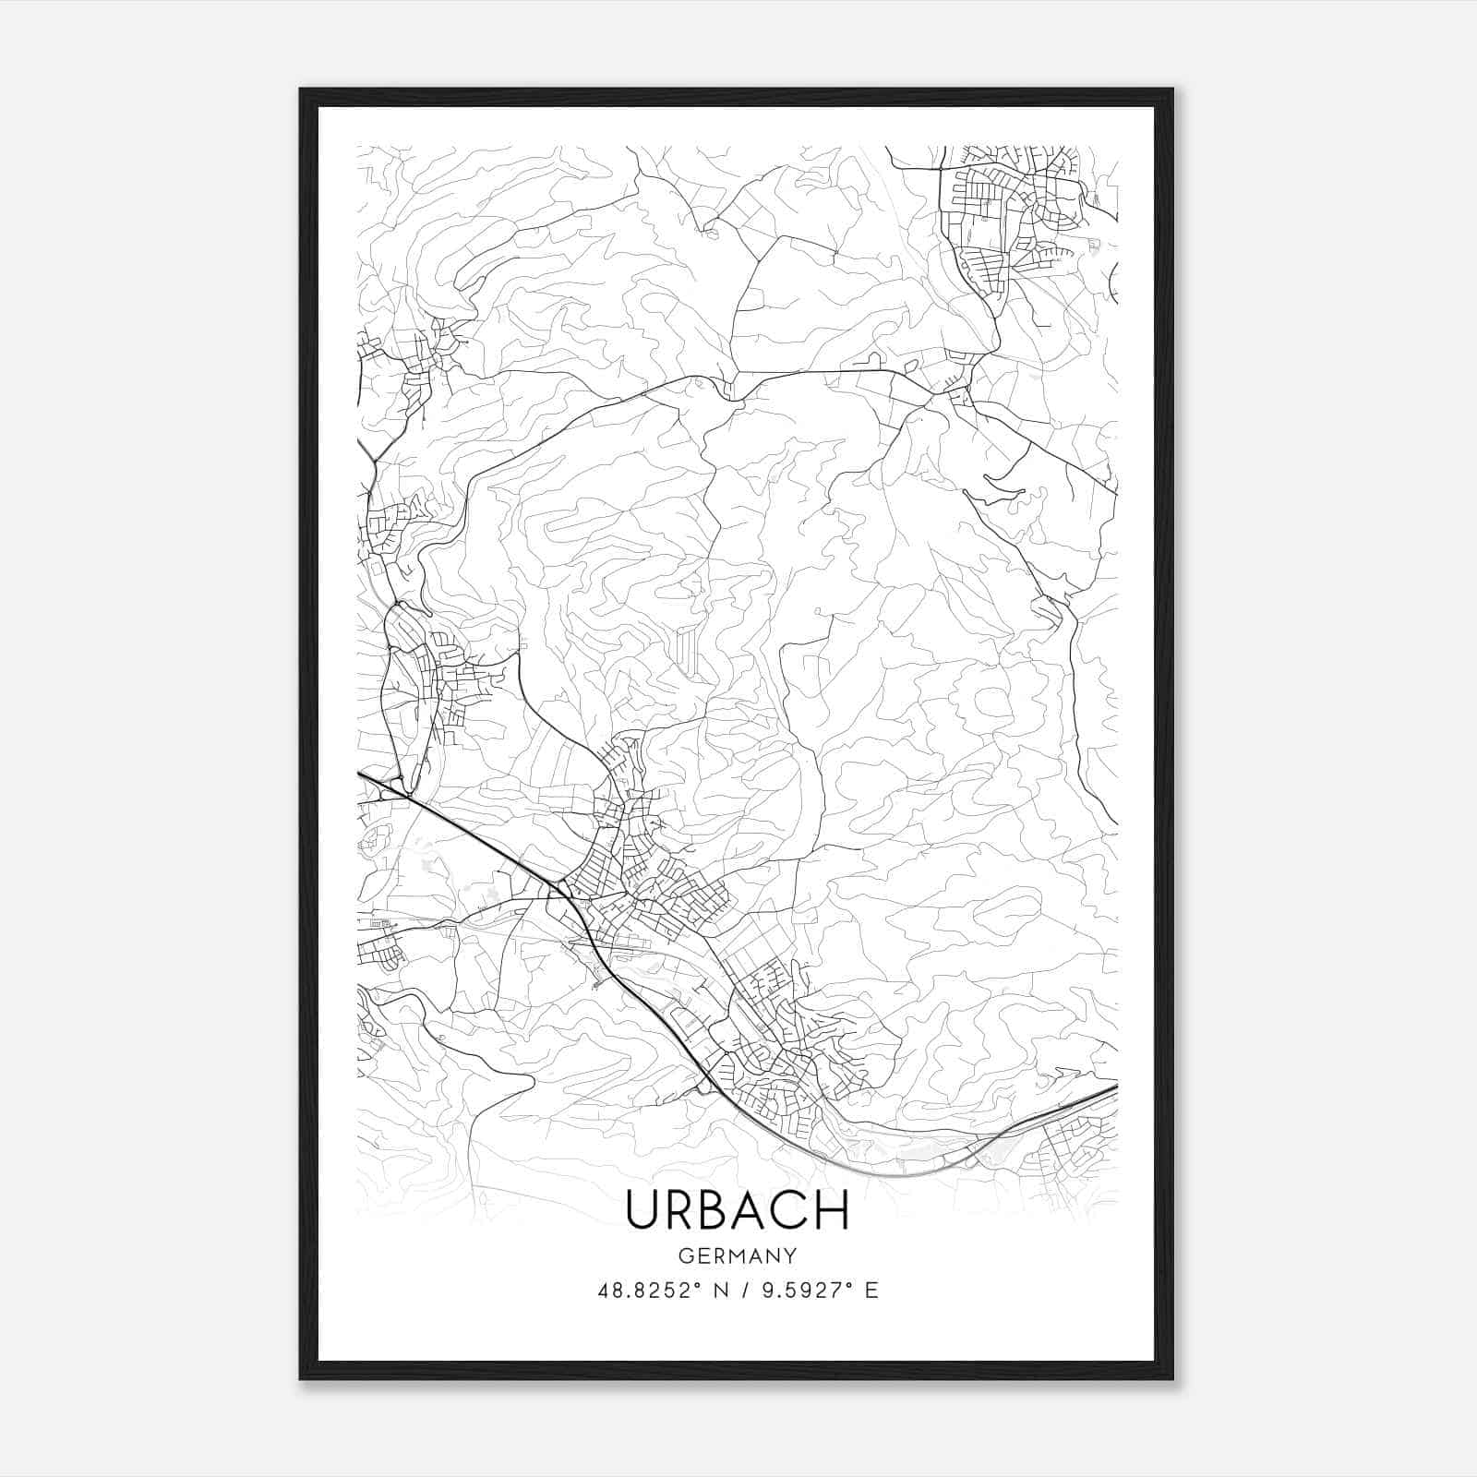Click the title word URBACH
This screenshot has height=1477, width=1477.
tap(737, 1210)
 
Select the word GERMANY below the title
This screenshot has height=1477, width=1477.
tap(737, 1255)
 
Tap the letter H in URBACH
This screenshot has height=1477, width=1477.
tap(832, 1210)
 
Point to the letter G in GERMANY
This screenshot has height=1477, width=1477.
tap(684, 1255)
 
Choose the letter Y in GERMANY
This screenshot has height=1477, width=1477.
tap(790, 1255)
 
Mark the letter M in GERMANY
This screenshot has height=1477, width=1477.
tap(737, 1255)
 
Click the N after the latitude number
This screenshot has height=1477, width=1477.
tap(715, 1291)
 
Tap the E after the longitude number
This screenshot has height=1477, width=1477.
tap(872, 1291)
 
